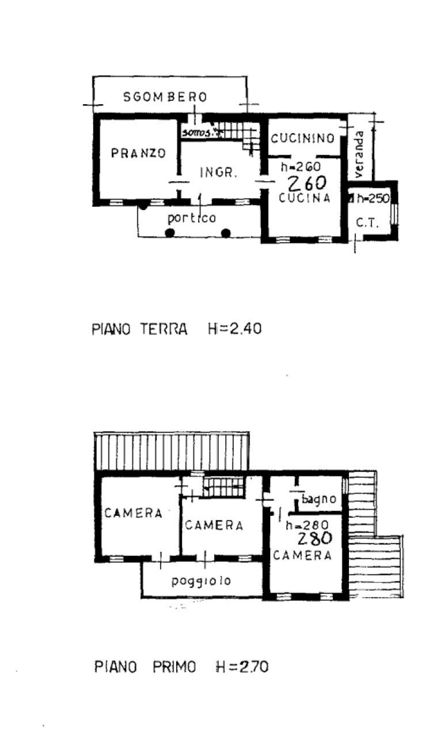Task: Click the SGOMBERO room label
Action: [165, 97]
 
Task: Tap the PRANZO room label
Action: [138, 153]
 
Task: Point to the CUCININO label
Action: [303, 138]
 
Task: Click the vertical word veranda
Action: [359, 154]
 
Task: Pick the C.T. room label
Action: [366, 223]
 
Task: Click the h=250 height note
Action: [372, 199]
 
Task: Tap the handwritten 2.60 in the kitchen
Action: [307, 183]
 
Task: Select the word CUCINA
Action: [305, 198]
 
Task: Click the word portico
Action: [192, 218]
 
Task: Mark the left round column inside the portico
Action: [169, 233]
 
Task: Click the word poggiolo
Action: [201, 581]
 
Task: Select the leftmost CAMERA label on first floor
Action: [133, 514]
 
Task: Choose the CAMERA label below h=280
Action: [302, 556]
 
